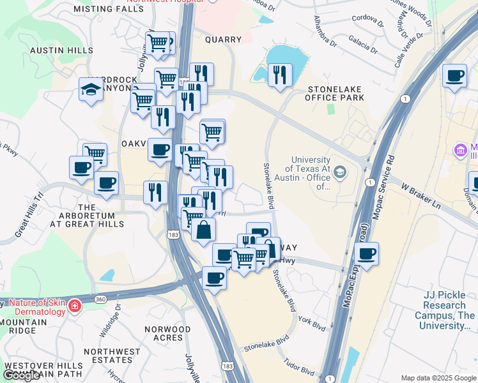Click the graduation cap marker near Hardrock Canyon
(91, 89)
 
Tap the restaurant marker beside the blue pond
(279, 75)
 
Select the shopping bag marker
(203, 230)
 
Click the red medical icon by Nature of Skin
(75, 306)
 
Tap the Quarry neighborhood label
(223, 40)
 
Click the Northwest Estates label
(112, 356)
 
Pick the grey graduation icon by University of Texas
(340, 171)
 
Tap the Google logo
(21, 376)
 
